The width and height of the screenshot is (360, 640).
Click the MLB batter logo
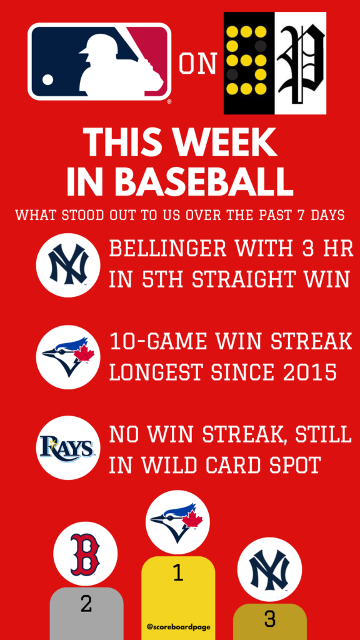coord(99,62)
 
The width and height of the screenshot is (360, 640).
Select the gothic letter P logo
coord(301,63)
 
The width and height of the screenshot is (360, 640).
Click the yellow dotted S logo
coord(249,63)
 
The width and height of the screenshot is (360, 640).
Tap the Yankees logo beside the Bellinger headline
coord(68,265)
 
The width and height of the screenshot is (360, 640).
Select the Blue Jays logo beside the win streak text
coord(68,357)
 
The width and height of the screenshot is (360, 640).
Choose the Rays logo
coord(68,447)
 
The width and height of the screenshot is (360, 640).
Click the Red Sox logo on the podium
coord(85,554)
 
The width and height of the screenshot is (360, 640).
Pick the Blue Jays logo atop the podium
coord(177,522)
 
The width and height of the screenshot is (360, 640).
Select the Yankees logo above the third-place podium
coord(269,569)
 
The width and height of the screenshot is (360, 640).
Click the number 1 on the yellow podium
coord(177,574)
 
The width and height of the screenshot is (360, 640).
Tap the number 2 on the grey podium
coord(86,604)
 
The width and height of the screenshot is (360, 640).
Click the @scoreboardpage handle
coord(178,626)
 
